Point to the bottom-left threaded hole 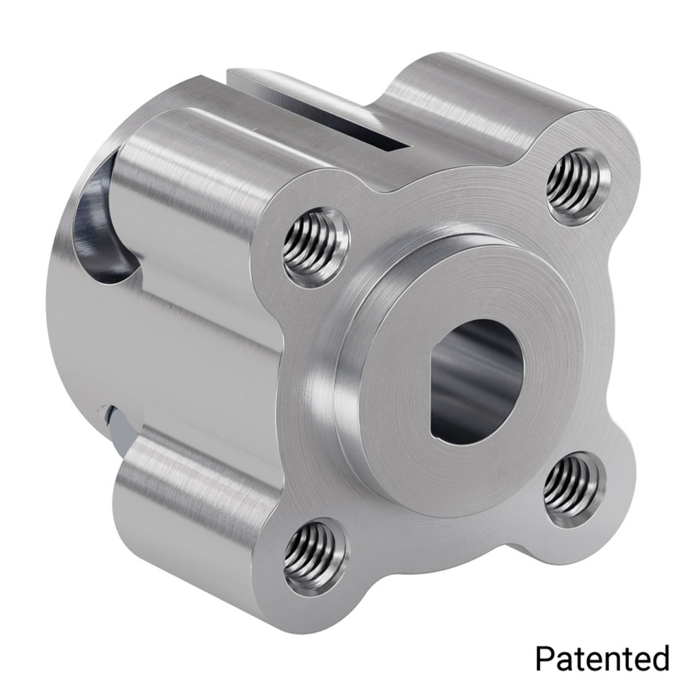tap(316, 558)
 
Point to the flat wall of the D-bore tap(439, 398)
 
